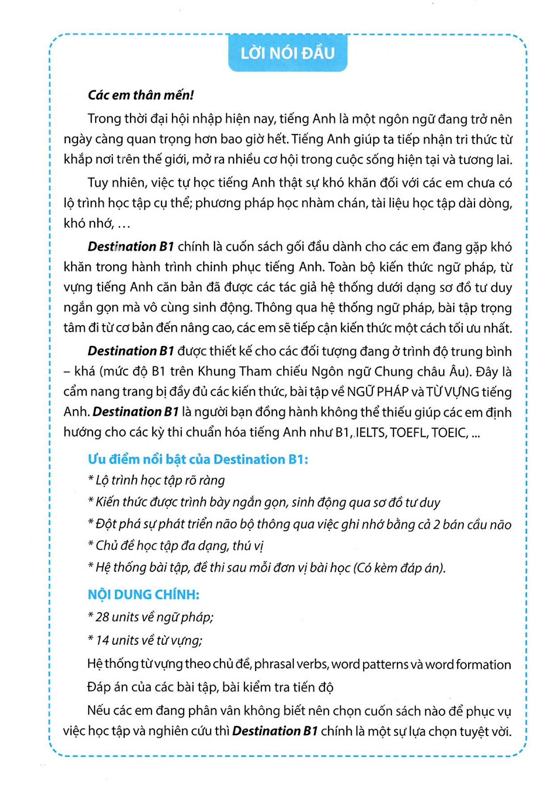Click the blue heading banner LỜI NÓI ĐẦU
coord(287,54)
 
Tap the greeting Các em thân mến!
coord(141,95)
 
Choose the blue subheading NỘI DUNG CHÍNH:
coord(143,595)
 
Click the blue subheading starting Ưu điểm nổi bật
coord(197,459)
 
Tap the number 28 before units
coord(102,617)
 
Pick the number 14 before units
coord(102,640)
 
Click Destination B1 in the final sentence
coord(275,731)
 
